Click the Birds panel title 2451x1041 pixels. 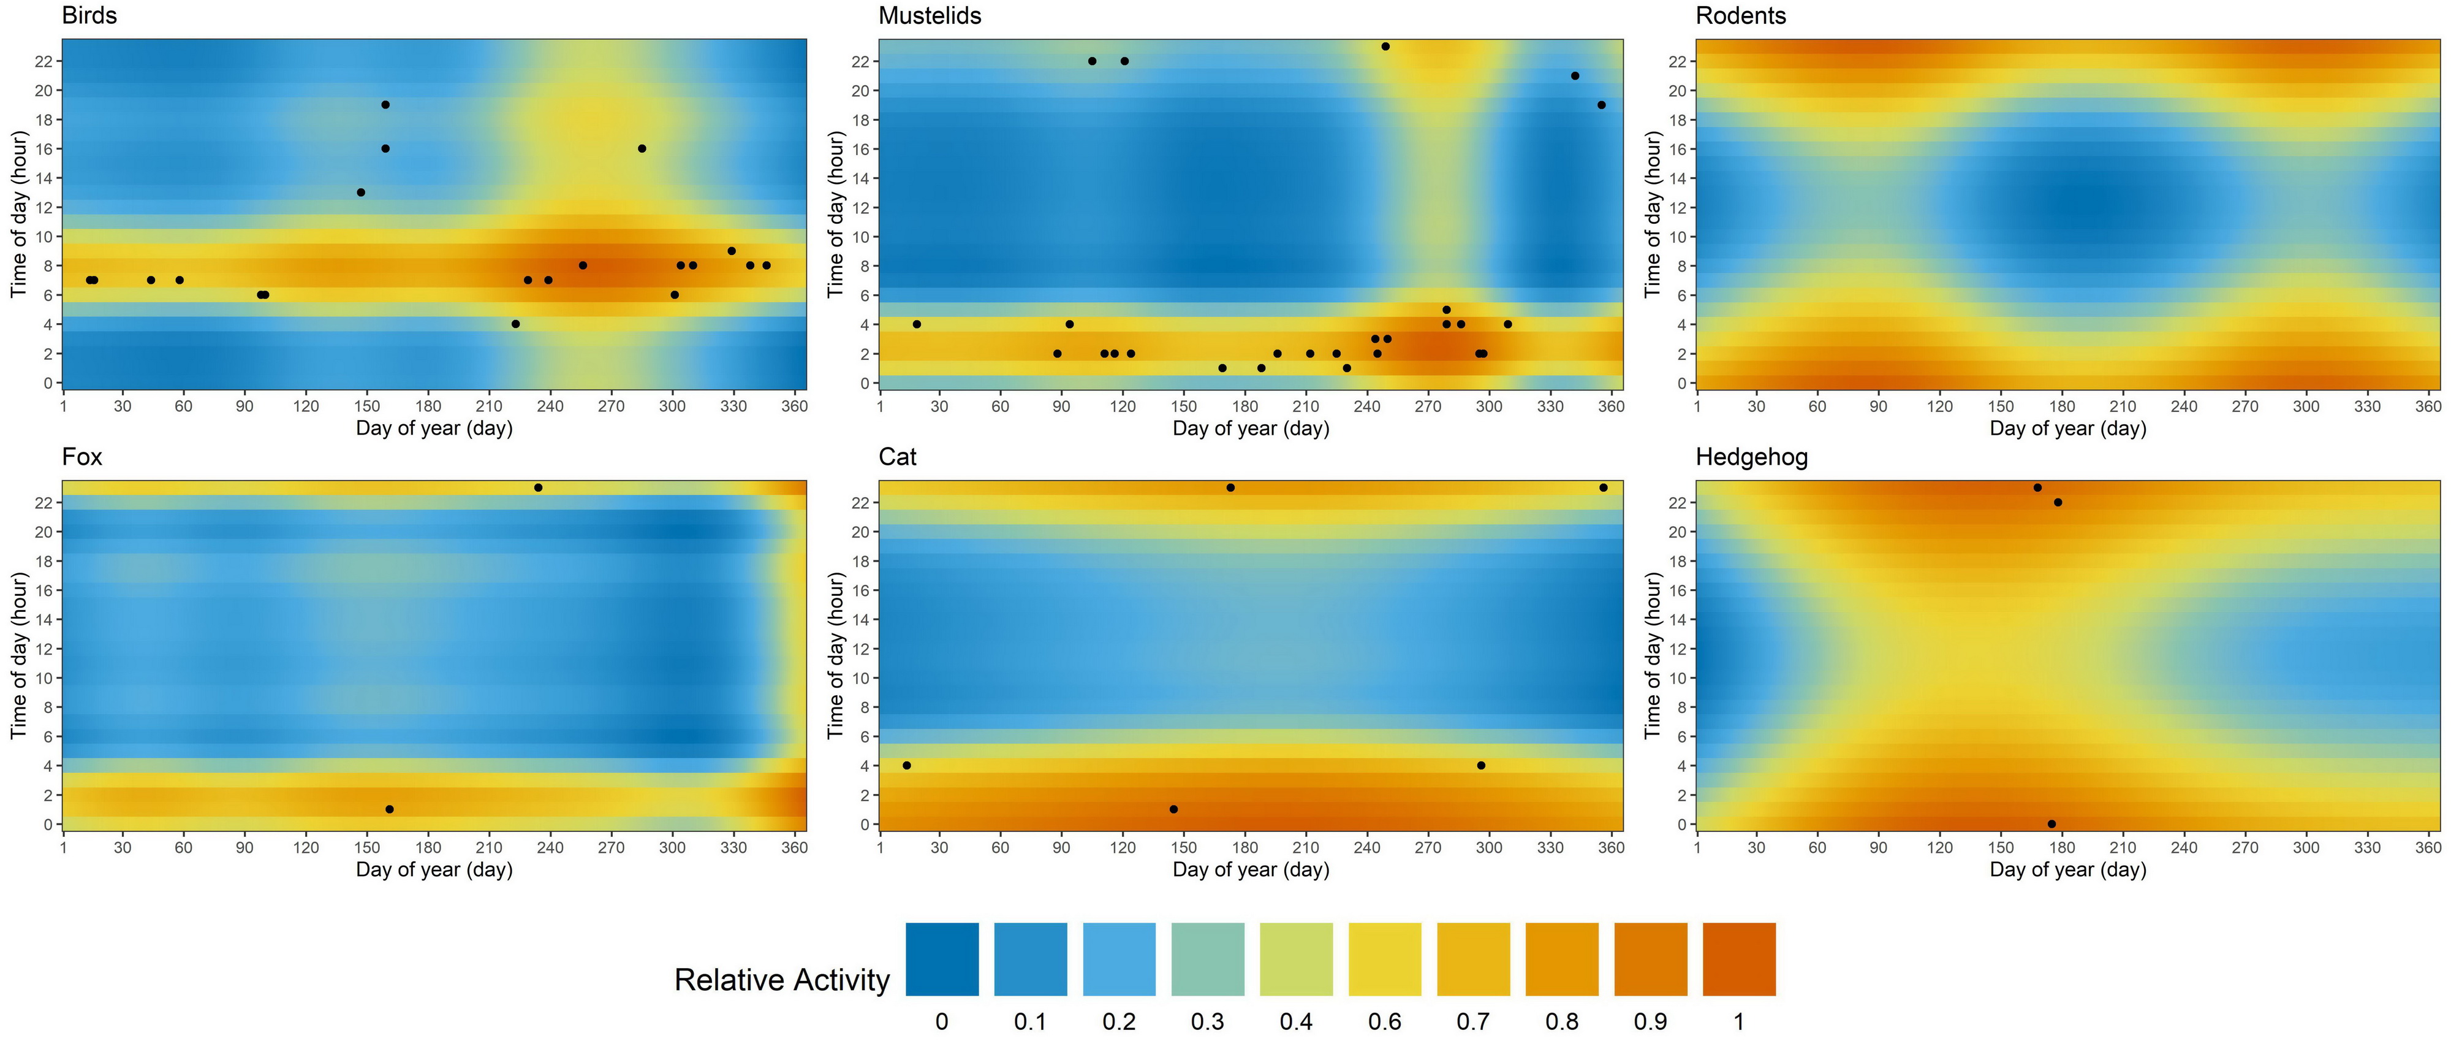pos(89,16)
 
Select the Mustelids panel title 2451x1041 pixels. pos(930,16)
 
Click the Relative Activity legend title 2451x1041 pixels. pos(781,980)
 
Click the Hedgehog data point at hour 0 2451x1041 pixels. pos(2051,824)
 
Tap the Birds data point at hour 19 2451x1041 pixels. pos(385,105)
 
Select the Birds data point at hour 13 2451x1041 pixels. pos(361,193)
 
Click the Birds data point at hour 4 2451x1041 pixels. pos(516,324)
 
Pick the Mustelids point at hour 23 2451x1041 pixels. pos(1385,47)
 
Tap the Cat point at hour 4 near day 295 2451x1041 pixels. pos(1480,766)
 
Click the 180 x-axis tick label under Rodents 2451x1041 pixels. pos(2062,406)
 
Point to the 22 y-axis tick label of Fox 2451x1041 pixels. pos(44,503)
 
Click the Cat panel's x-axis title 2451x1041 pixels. pos(1250,870)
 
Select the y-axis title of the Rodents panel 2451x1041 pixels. pos(1653,214)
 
